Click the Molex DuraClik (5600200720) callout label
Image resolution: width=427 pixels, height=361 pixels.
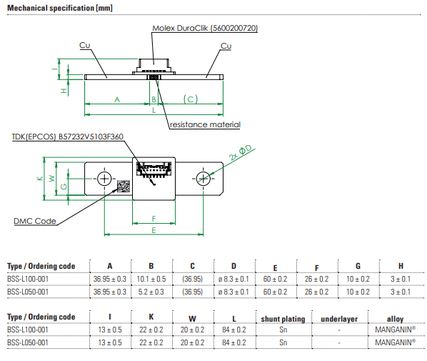[205, 28]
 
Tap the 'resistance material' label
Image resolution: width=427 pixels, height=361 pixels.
[205, 124]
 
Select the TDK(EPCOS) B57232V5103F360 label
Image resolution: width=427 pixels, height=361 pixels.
[68, 137]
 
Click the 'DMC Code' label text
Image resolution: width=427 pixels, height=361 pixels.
[35, 221]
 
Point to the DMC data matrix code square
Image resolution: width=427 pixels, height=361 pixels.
[124, 186]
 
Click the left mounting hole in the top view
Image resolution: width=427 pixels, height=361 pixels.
[104, 179]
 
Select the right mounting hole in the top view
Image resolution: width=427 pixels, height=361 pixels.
[204, 179]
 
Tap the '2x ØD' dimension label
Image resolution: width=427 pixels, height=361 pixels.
[241, 153]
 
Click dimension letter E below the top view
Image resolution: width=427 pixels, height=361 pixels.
[154, 230]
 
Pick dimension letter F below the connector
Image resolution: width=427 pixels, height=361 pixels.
[154, 219]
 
